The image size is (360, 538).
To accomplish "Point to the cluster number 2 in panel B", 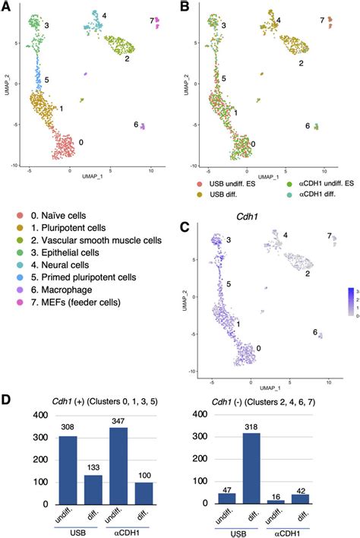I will [x=302, y=63].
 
